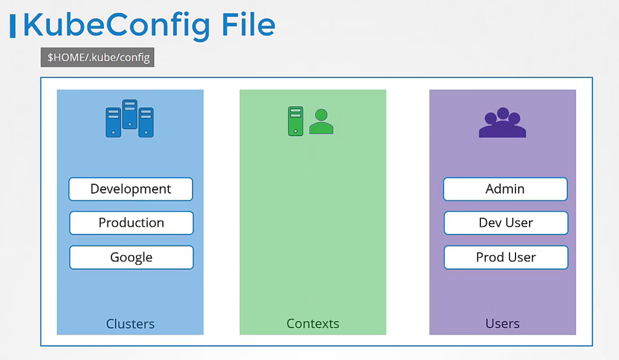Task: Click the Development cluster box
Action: [x=131, y=189]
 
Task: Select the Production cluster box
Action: [x=131, y=223]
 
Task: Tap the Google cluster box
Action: [x=131, y=257]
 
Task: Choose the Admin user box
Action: [x=505, y=189]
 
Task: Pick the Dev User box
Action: [x=506, y=223]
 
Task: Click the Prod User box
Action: [x=506, y=257]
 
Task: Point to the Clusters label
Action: [x=130, y=324]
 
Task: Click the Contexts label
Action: [x=313, y=324]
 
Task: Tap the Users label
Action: [x=502, y=324]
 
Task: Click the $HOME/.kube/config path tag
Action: [x=97, y=57]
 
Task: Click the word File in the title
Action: [x=248, y=25]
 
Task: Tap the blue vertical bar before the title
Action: [x=13, y=26]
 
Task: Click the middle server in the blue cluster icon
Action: [x=130, y=115]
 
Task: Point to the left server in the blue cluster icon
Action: [x=114, y=122]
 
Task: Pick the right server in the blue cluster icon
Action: [x=146, y=122]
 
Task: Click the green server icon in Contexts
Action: [x=296, y=121]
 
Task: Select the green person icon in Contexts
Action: [x=322, y=121]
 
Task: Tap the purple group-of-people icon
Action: [x=503, y=122]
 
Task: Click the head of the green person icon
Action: [x=322, y=115]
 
